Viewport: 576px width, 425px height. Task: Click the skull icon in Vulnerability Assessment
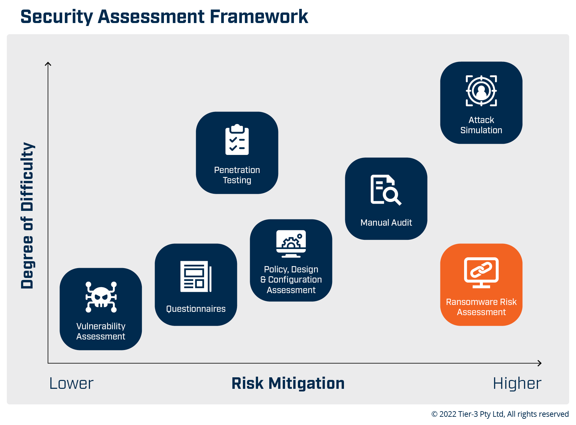(x=101, y=297)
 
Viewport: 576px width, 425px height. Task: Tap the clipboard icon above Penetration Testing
(x=237, y=139)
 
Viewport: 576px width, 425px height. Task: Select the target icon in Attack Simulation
(x=481, y=91)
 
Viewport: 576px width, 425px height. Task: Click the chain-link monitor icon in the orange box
(x=481, y=273)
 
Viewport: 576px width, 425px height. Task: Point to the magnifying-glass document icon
(x=386, y=190)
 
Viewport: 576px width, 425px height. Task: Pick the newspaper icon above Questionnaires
(x=196, y=276)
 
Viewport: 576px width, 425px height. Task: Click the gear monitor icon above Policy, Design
(x=291, y=244)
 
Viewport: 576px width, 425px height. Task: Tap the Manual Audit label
(x=386, y=223)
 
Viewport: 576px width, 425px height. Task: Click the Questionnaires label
(x=196, y=309)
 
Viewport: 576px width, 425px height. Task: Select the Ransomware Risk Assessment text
(x=481, y=307)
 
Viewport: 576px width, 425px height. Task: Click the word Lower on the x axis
(x=71, y=384)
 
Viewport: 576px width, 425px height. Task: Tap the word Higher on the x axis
(x=517, y=384)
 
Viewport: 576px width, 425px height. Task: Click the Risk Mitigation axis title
(x=288, y=384)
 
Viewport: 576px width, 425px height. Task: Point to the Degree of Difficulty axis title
(x=27, y=215)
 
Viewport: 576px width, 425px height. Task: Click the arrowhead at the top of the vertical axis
(x=48, y=63)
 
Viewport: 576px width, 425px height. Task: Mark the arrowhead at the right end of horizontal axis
(x=540, y=363)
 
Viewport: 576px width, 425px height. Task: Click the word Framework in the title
(x=259, y=17)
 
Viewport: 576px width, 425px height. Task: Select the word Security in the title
(x=57, y=17)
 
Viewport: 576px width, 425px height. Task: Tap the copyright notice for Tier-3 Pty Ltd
(x=500, y=414)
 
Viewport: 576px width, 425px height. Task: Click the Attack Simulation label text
(x=481, y=125)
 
